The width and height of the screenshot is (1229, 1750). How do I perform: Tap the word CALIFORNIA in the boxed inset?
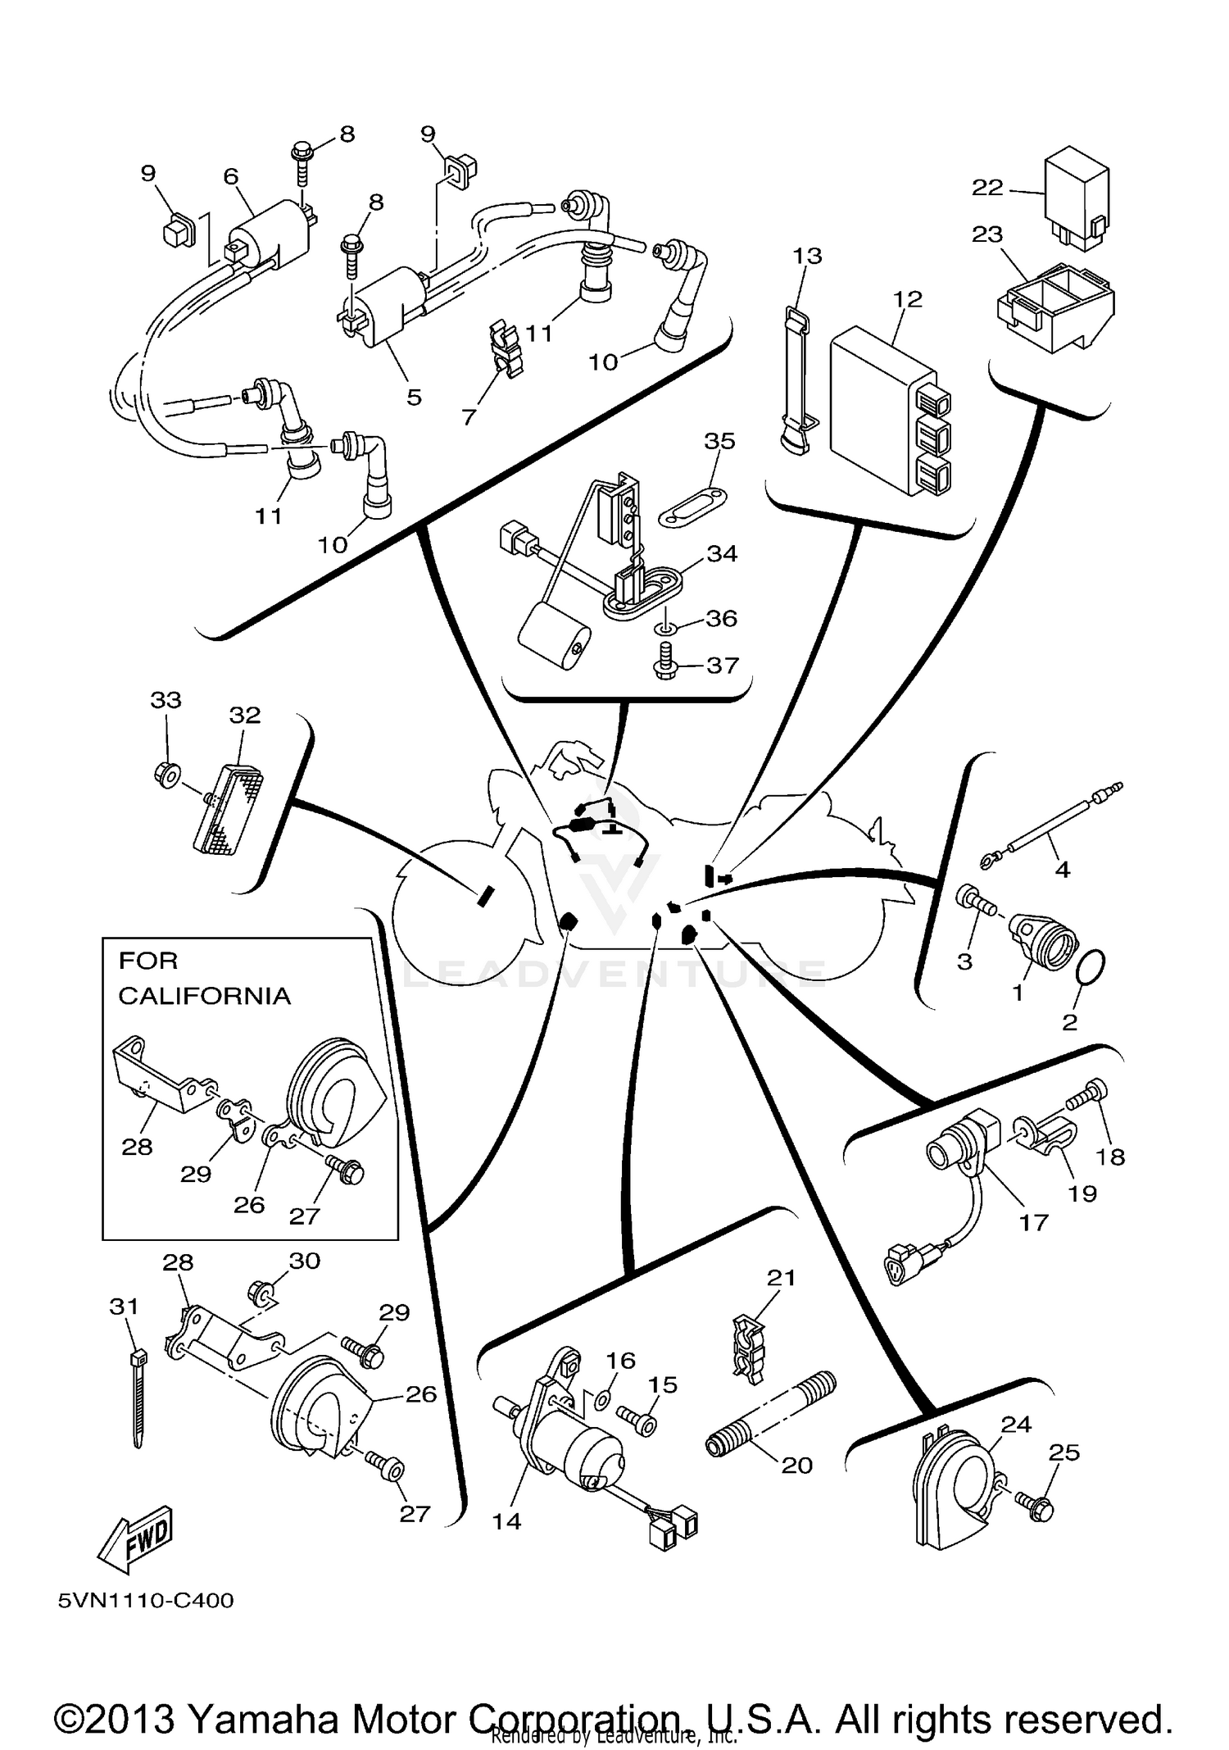click(204, 996)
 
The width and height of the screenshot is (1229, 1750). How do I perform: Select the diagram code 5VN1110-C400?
click(146, 1623)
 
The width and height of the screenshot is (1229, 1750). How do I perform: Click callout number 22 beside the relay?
click(987, 188)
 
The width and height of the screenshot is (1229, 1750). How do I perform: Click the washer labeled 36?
click(665, 629)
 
